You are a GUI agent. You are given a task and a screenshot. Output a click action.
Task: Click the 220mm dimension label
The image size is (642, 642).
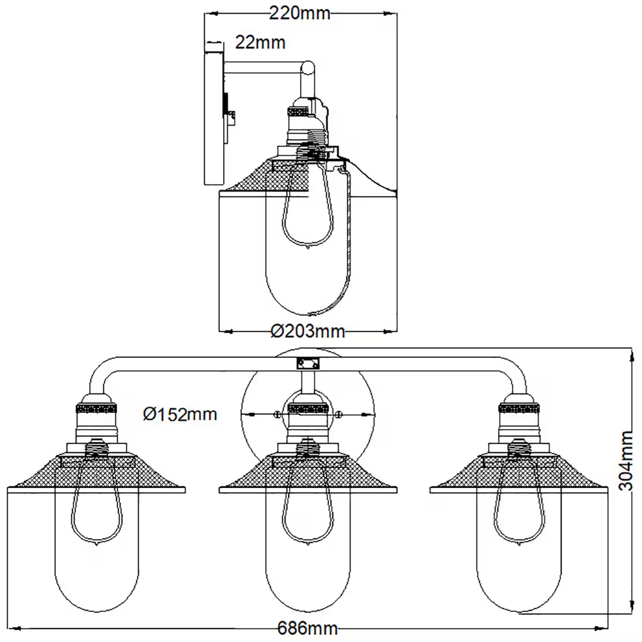click(x=299, y=13)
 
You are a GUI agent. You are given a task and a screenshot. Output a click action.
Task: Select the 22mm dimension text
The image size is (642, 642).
click(x=261, y=42)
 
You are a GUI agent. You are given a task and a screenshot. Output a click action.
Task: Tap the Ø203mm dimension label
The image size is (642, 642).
click(x=308, y=332)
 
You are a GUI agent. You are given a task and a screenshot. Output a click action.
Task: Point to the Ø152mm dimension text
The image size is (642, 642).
click(x=180, y=414)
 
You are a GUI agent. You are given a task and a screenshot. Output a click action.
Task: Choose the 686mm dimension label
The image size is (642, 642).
click(x=308, y=628)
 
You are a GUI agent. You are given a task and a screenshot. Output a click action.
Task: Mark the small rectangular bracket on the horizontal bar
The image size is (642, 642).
click(x=308, y=364)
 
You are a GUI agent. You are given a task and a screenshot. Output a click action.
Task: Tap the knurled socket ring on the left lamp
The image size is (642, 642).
click(x=97, y=409)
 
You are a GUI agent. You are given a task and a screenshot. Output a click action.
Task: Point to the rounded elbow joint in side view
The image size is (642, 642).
click(x=308, y=68)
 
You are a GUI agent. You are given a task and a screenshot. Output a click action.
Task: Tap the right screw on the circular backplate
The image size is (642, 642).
click(x=339, y=414)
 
